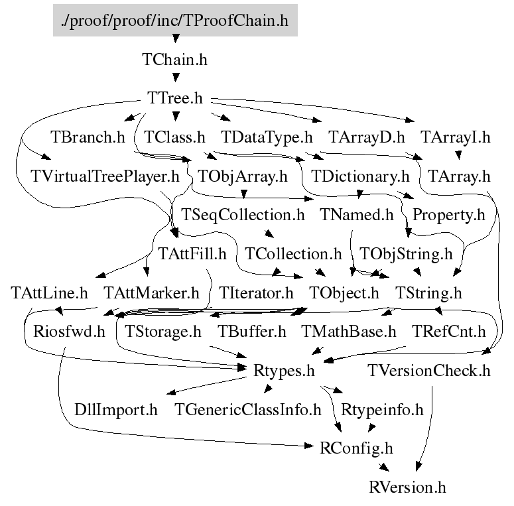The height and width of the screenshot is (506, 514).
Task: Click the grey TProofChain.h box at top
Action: click(x=175, y=21)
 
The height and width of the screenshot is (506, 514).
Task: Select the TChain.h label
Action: click(x=175, y=60)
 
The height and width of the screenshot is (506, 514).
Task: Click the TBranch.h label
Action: click(x=88, y=138)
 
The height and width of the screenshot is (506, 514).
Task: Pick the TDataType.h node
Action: click(x=267, y=138)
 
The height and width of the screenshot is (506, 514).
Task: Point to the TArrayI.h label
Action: click(x=455, y=138)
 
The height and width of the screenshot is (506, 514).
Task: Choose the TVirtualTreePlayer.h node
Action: click(x=105, y=177)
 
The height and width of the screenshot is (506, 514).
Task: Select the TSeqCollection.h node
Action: click(x=243, y=215)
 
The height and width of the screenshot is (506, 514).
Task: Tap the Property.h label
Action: click(x=449, y=215)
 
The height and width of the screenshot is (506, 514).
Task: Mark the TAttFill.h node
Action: click(x=192, y=253)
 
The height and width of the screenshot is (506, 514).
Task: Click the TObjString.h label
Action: click(x=406, y=253)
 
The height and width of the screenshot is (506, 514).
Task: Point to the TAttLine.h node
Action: click(x=50, y=292)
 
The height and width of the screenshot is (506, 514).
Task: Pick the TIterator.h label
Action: click(x=256, y=292)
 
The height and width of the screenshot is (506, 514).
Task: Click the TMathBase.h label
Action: click(x=349, y=331)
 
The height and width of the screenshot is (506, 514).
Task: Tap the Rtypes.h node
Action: click(x=284, y=370)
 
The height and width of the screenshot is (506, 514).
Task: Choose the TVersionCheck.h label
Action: click(x=429, y=370)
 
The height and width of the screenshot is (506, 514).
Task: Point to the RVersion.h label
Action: click(x=408, y=487)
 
